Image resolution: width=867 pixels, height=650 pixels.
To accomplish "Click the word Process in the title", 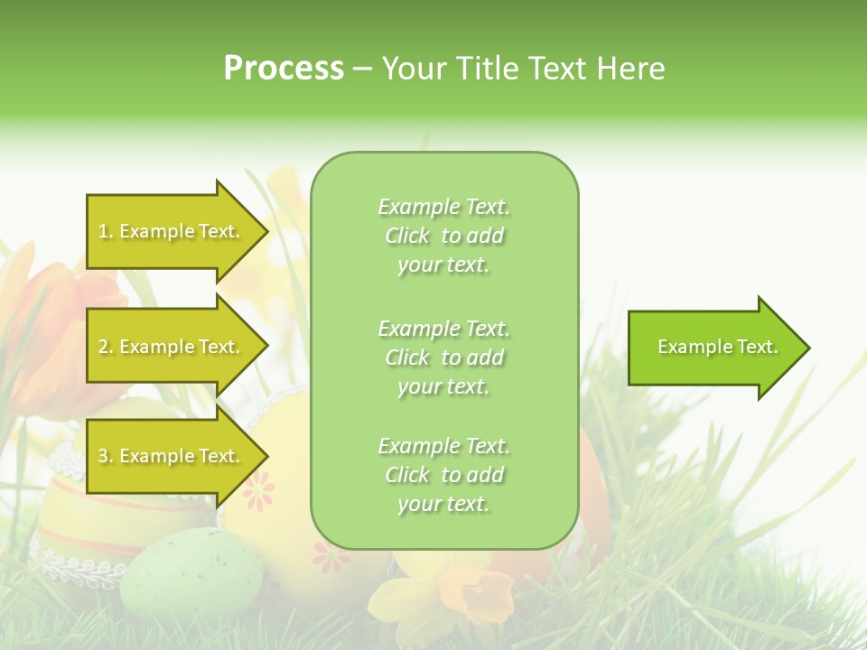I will (284, 69).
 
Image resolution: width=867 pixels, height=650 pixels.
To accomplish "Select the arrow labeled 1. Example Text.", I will (172, 231).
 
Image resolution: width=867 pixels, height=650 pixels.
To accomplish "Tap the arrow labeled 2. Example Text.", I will (172, 347).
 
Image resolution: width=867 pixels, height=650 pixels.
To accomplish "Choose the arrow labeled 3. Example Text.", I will (172, 456).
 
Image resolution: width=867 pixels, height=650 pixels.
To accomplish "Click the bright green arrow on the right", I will (713, 348).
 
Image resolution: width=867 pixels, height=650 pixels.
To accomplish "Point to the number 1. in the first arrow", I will (106, 231).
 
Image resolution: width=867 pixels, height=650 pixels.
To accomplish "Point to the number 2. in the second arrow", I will (106, 347).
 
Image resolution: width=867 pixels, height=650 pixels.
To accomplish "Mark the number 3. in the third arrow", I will (106, 456).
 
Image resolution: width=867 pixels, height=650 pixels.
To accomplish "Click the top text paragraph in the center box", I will (443, 236).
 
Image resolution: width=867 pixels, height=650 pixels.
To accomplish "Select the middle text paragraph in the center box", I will (443, 357).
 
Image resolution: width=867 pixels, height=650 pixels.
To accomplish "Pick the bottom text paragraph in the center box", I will (443, 475).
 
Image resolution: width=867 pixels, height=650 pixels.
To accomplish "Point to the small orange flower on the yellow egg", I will (259, 491).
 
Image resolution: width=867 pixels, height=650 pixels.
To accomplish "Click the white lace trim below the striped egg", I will (81, 566).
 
